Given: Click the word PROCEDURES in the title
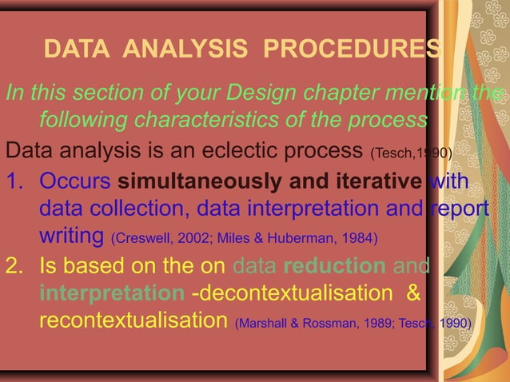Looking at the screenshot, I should [x=353, y=50].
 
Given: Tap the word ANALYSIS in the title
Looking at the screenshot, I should [x=191, y=50].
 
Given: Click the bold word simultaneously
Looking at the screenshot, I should [x=194, y=181].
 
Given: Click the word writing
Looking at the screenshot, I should [x=71, y=237].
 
